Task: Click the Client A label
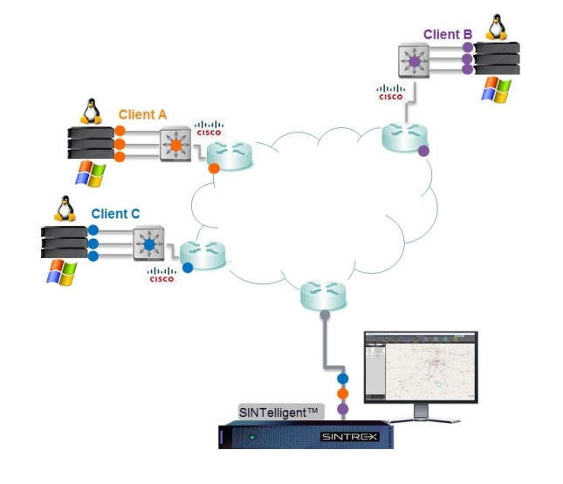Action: click(142, 114)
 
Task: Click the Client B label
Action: click(447, 35)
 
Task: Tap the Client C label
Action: click(115, 213)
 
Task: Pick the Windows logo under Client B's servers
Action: click(498, 90)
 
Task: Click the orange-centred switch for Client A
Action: click(175, 144)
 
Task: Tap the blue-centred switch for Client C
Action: click(148, 245)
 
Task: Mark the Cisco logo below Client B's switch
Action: click(390, 92)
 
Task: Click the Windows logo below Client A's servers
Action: click(89, 174)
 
